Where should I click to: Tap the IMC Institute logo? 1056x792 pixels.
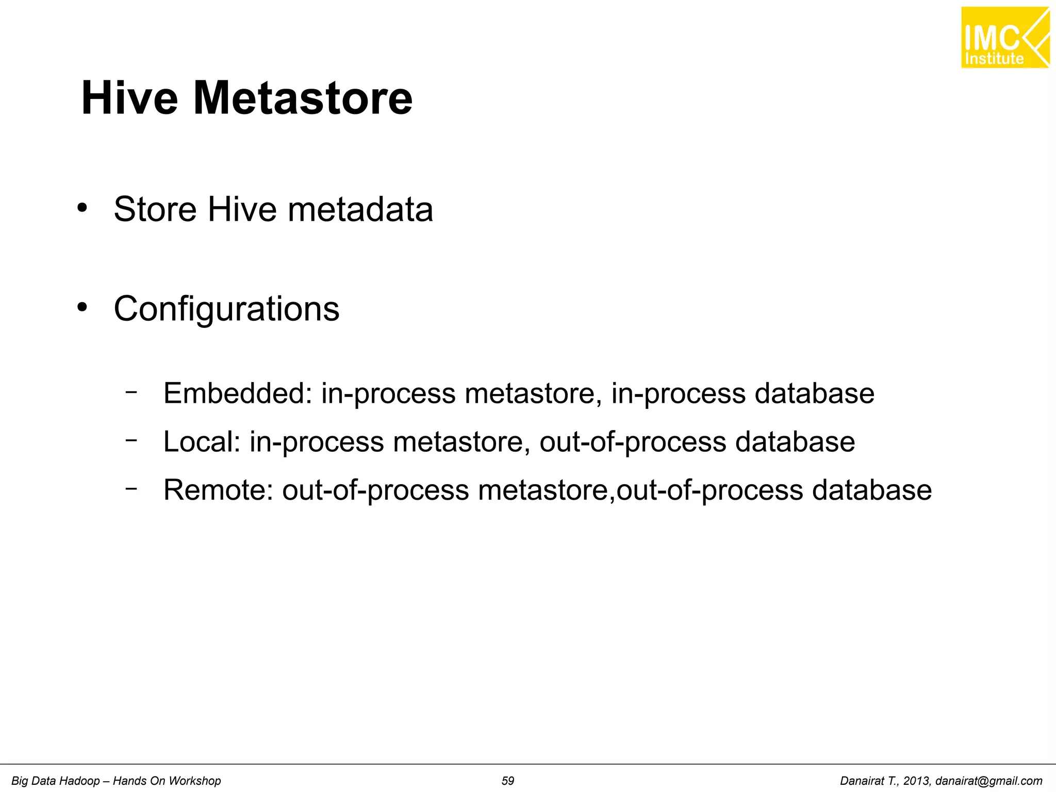click(1005, 38)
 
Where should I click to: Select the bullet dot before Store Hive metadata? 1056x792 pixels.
click(81, 208)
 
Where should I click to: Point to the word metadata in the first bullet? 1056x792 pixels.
click(360, 209)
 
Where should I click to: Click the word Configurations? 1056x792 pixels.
click(226, 309)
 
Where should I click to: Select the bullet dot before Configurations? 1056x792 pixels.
click(81, 308)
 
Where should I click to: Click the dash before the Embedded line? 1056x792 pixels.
click(131, 392)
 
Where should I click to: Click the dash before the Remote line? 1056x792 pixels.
click(131, 488)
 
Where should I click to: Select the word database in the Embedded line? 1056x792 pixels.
click(814, 393)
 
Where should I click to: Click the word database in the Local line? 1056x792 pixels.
click(795, 442)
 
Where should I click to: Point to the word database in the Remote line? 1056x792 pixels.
click(871, 490)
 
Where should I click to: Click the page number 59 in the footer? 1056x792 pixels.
click(508, 781)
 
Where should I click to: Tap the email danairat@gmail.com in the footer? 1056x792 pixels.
click(988, 781)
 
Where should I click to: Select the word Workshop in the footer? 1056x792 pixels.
click(193, 781)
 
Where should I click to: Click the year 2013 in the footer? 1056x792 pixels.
click(916, 781)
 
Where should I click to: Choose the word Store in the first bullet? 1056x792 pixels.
click(155, 209)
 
